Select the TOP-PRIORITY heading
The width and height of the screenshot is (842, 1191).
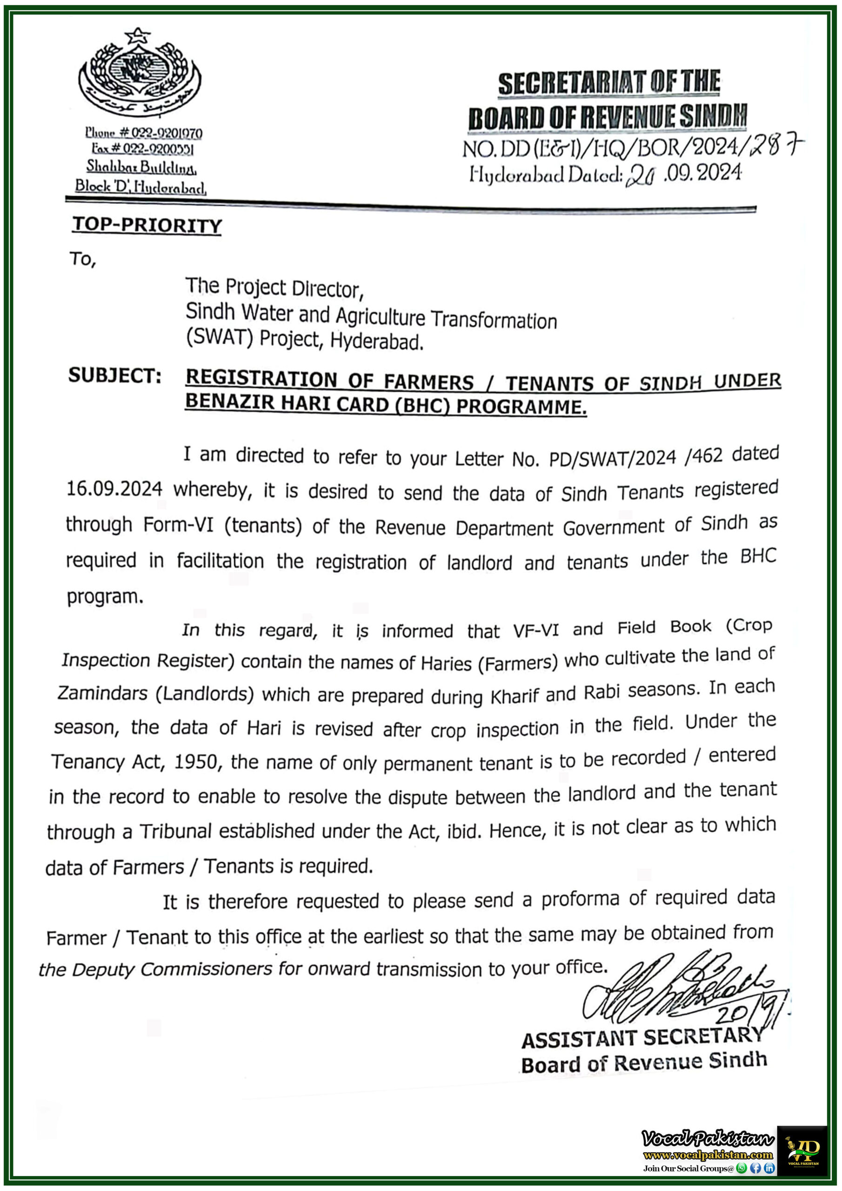coord(147,225)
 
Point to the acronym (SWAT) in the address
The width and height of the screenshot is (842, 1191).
coord(220,338)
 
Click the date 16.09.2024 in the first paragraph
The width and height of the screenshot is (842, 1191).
coord(114,488)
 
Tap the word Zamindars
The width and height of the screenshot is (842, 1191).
coord(103,693)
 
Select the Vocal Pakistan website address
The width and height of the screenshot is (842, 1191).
coord(708,1155)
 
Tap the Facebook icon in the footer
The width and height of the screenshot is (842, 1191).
coord(756,1168)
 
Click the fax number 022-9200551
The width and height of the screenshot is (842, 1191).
coord(158,149)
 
